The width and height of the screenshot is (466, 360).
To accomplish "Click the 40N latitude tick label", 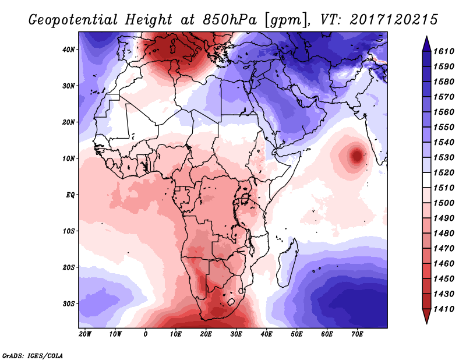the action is coord(69,50).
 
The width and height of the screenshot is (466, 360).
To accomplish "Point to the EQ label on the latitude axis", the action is coord(70,195).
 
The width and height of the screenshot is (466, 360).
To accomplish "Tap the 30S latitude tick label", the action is coord(69,304).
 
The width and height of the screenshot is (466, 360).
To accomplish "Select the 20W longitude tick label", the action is coord(85,334).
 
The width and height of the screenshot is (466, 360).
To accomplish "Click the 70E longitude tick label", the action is coord(357,334).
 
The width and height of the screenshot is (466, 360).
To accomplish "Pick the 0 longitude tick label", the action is coord(145,334).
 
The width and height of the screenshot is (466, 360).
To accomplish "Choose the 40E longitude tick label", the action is coord(266,334).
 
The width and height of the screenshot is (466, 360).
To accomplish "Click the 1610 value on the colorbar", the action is coord(444,51).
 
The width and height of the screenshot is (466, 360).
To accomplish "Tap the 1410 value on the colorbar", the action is coord(444,309).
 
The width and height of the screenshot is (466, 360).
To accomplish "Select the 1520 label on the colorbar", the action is coord(444,172).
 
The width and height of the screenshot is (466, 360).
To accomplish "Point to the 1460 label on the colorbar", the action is coord(444,264).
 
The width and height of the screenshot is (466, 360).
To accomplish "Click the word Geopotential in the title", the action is coord(73,20).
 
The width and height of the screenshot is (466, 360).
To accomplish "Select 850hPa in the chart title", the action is coord(230,20).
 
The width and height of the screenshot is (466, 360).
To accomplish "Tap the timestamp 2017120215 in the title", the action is coord(394,20).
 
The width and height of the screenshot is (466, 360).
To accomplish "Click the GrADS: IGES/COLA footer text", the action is coord(33,355).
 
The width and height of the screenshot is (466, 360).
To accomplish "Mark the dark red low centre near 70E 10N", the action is coord(356,156).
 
